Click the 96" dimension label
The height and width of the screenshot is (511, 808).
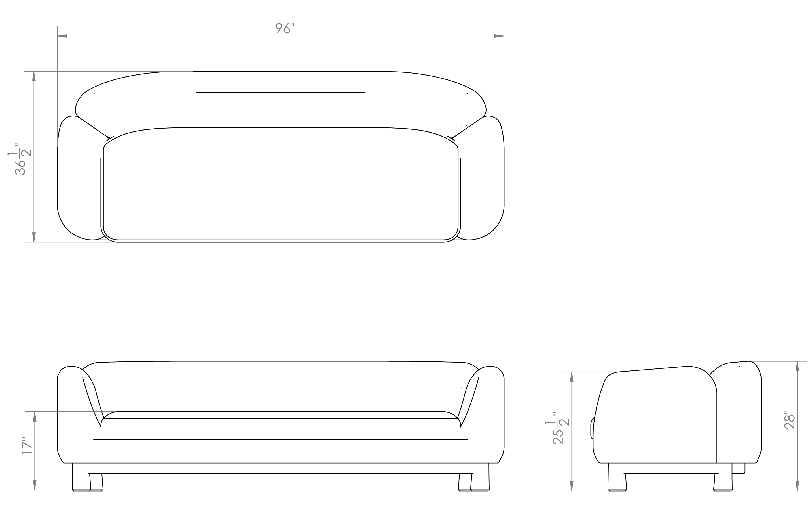[x=285, y=29]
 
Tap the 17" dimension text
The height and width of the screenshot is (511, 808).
[x=28, y=446]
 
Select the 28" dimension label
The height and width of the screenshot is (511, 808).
[x=790, y=420]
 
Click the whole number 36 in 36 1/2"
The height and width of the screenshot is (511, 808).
[x=20, y=167]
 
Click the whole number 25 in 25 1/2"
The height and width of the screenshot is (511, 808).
[x=558, y=437]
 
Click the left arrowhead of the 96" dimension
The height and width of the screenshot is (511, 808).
[x=62, y=36]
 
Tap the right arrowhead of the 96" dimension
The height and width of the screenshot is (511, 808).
[x=499, y=36]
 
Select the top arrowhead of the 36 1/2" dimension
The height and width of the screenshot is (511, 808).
[x=34, y=76]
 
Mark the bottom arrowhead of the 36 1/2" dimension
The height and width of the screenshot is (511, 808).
[x=34, y=237]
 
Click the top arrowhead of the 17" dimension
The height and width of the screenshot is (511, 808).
[x=35, y=416]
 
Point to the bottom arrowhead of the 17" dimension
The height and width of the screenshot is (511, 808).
[x=35, y=485]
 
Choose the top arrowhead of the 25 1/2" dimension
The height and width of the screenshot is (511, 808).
[x=572, y=377]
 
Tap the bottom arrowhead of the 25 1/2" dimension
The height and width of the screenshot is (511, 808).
[x=572, y=486]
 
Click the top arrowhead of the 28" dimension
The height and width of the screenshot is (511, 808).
[x=797, y=367]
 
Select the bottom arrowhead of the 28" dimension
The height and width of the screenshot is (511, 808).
[x=797, y=486]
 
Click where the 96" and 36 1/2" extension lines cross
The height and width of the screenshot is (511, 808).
[x=57, y=71]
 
